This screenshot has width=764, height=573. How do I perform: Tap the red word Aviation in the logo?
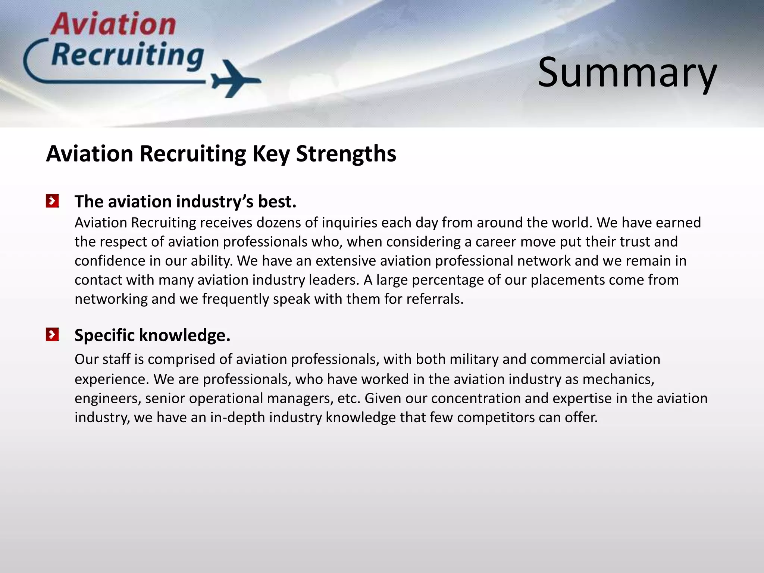113,24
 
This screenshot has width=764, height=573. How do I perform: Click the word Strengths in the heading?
346,154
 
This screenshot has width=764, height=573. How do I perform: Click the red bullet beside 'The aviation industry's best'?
52,201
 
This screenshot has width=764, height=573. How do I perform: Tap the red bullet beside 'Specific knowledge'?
52,334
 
